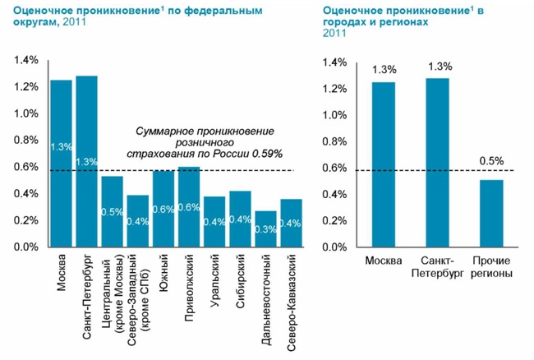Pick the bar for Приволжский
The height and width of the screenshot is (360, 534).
[189, 206]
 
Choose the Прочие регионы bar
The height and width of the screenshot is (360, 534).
[491, 213]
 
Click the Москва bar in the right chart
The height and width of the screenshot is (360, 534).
[384, 164]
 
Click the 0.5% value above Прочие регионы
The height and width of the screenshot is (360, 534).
[491, 161]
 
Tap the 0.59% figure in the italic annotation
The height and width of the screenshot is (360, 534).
[268, 153]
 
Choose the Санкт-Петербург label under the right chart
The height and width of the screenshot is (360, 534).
[438, 267]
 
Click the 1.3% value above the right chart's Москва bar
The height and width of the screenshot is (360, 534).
[384, 69]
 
